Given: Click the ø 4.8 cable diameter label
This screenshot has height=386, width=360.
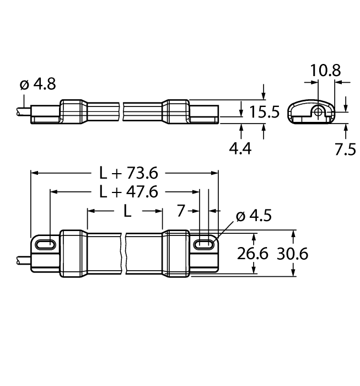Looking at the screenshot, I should pyautogui.click(x=37, y=84).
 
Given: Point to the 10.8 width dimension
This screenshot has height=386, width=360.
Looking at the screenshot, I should pyautogui.click(x=325, y=70).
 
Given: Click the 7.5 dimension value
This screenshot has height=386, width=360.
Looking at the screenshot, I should pyautogui.click(x=346, y=148).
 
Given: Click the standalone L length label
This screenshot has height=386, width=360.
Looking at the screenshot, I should pyautogui.click(x=126, y=211).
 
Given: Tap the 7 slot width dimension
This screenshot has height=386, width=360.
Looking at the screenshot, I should pyautogui.click(x=181, y=211).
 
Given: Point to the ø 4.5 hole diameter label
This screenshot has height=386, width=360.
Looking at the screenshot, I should pyautogui.click(x=253, y=216).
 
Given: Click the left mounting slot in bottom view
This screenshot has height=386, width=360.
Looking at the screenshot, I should pyautogui.click(x=45, y=244).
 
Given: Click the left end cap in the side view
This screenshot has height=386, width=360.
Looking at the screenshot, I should pyautogui.click(x=72, y=112).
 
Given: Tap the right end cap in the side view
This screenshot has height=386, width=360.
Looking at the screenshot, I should pyautogui.click(x=176, y=112).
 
